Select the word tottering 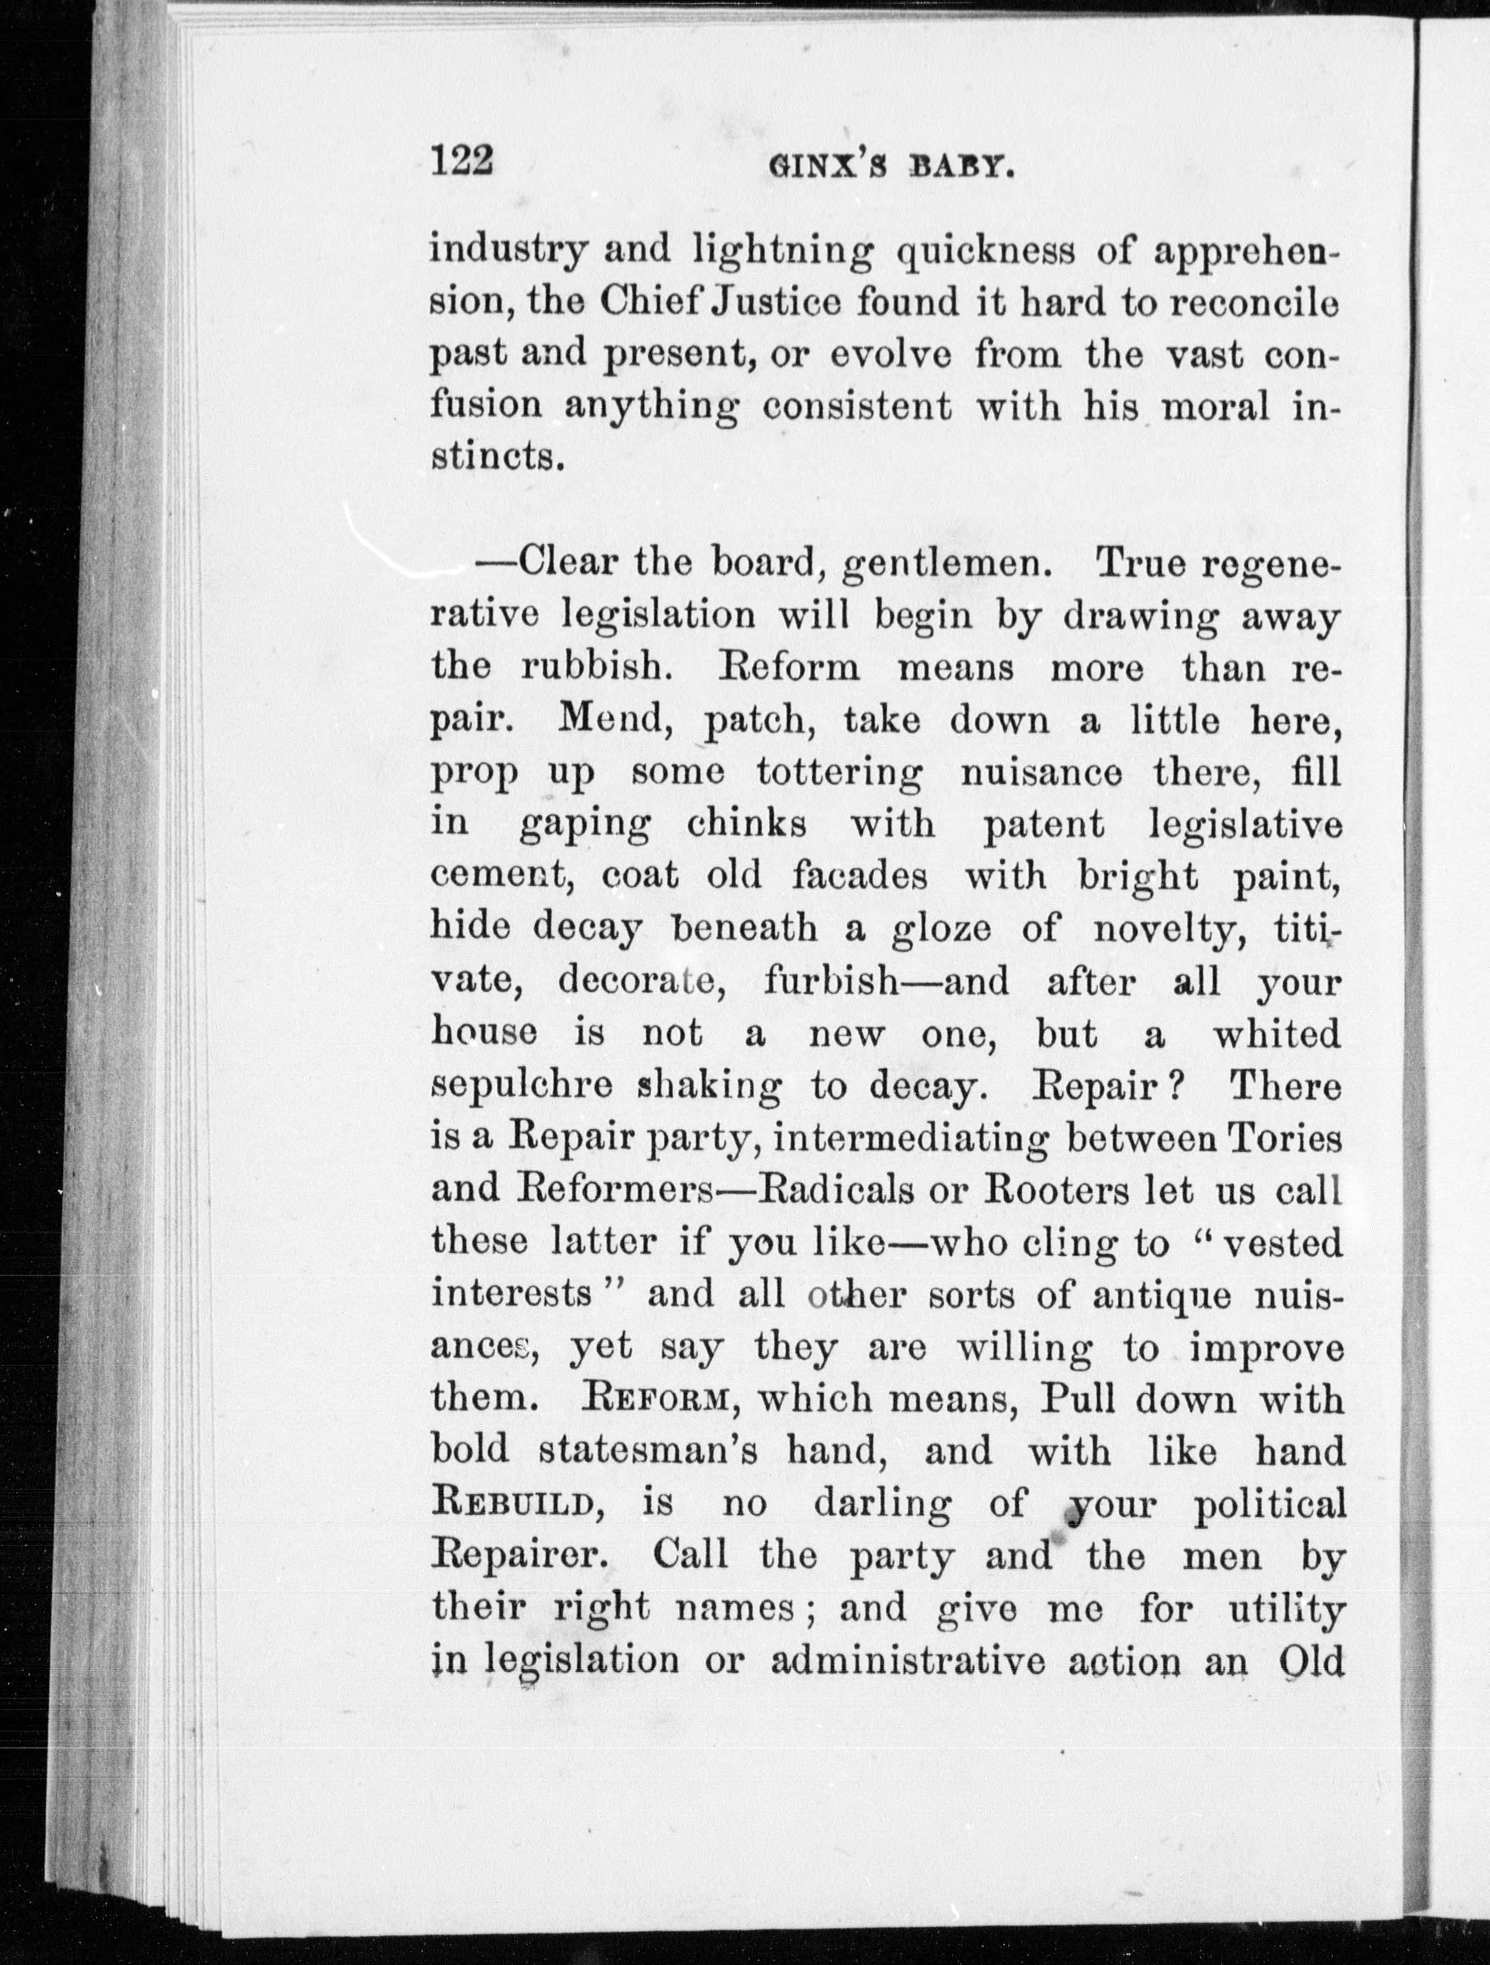tap(839, 773)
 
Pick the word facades tap(860, 877)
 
